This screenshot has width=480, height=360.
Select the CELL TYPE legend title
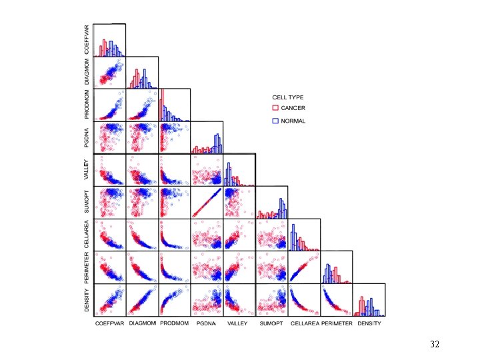(x=286, y=97)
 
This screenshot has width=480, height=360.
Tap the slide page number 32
(x=435, y=345)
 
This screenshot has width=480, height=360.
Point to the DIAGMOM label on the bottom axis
(x=142, y=323)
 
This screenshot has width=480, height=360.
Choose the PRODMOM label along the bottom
(x=175, y=323)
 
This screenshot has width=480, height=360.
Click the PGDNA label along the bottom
(x=207, y=323)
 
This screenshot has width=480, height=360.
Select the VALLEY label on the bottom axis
(x=239, y=323)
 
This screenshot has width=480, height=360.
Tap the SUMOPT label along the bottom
(x=271, y=323)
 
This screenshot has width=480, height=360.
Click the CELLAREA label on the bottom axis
(x=305, y=323)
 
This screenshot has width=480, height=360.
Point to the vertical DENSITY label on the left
(x=87, y=300)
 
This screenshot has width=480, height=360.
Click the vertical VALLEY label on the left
(x=87, y=170)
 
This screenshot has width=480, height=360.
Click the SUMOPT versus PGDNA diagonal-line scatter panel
(x=207, y=203)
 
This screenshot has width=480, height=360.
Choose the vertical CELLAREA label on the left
(x=87, y=235)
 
